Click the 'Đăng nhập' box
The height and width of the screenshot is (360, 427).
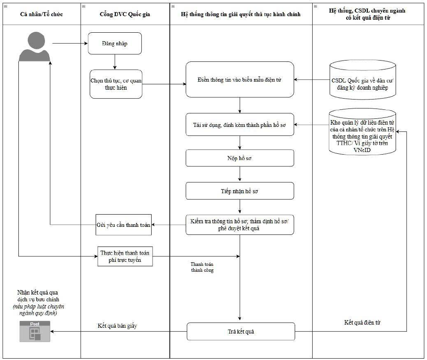click(x=115, y=43)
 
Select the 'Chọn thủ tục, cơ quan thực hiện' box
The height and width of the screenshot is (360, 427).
click(x=116, y=84)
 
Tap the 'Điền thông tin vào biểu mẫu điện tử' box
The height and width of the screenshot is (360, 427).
click(x=240, y=79)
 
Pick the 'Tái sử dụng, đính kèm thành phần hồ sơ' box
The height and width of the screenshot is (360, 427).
click(x=240, y=125)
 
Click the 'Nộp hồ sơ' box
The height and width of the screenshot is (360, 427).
click(x=240, y=158)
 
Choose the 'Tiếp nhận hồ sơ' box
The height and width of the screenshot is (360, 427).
click(x=240, y=191)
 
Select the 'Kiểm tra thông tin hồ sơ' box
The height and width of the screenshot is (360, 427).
click(x=240, y=225)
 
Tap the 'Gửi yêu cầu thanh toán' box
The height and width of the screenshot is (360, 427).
click(x=123, y=225)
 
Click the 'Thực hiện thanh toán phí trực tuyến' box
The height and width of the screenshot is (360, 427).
click(x=125, y=256)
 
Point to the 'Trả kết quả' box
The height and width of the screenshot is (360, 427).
click(x=241, y=331)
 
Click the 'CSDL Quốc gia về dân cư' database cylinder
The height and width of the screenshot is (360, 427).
click(x=362, y=80)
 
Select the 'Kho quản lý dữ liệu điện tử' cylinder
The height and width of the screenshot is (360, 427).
click(x=362, y=132)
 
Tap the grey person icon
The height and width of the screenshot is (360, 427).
click(x=35, y=47)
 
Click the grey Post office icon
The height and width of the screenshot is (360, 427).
click(x=35, y=331)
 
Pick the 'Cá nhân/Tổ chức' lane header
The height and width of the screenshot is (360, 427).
click(x=41, y=14)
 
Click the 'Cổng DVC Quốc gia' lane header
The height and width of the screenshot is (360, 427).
click(x=125, y=14)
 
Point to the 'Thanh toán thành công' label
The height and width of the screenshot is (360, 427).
click(x=202, y=267)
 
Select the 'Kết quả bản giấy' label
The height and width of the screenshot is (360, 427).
click(x=118, y=326)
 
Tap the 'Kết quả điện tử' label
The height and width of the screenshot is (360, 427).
click(x=362, y=322)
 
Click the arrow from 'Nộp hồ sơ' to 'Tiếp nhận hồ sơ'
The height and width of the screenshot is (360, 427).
click(x=240, y=174)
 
